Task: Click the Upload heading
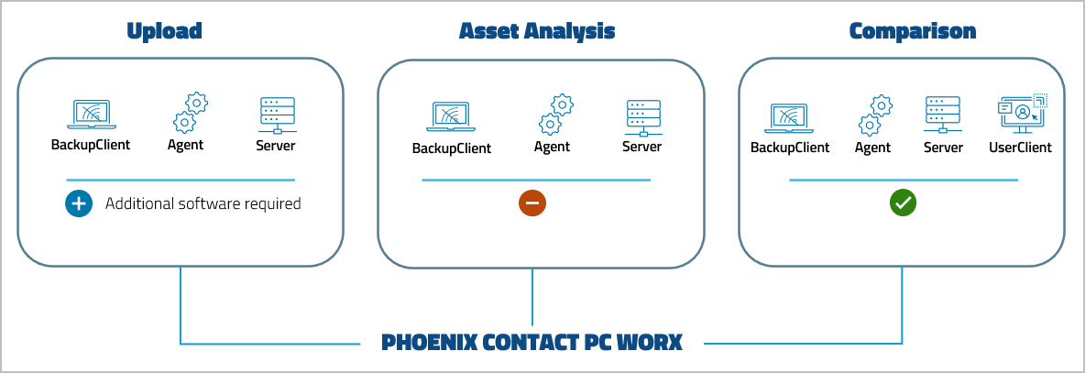(x=164, y=31)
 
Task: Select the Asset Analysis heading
(x=536, y=31)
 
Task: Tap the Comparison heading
(x=912, y=31)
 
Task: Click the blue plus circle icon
(x=79, y=203)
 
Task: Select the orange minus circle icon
(x=532, y=203)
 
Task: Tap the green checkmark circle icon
(x=904, y=203)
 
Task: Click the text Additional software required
(x=203, y=203)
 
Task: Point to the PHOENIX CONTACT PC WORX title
(x=532, y=343)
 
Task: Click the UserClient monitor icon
(x=1021, y=115)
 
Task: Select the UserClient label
(x=1020, y=147)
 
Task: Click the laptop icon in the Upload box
(x=90, y=115)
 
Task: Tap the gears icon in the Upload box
(x=190, y=113)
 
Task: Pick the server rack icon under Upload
(x=276, y=115)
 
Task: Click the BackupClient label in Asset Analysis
(x=451, y=148)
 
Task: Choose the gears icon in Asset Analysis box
(x=555, y=115)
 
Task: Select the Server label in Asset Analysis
(x=641, y=147)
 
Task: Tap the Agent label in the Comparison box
(x=872, y=147)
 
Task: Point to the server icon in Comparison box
(x=942, y=115)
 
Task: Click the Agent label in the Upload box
(x=185, y=145)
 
